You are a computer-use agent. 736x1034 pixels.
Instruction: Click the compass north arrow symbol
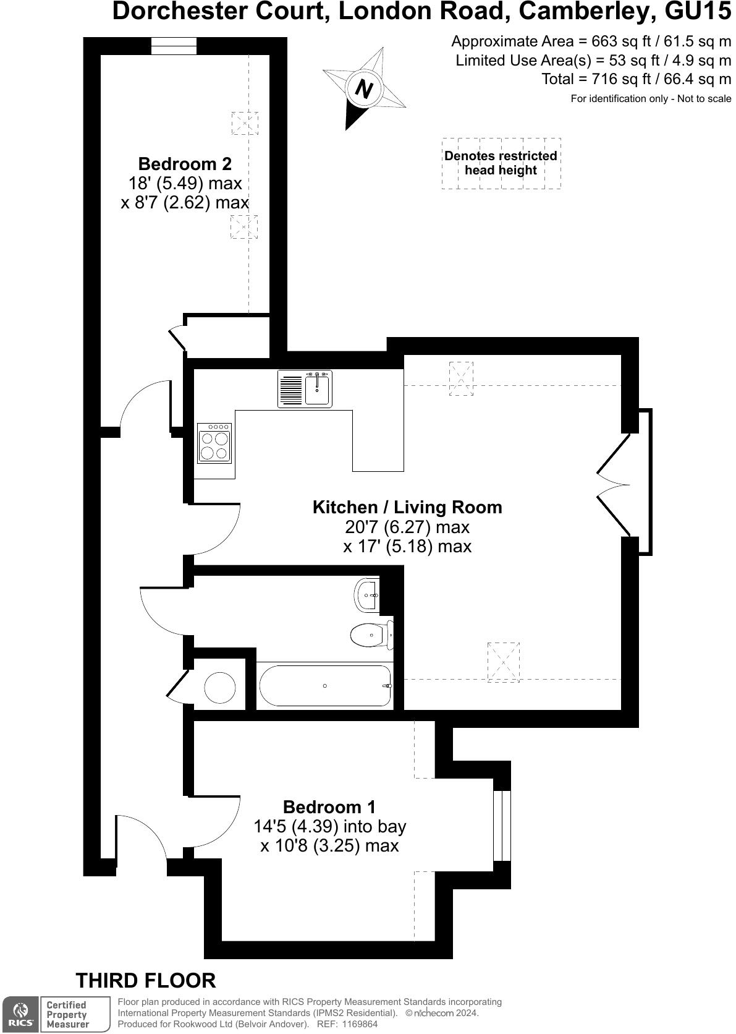[364, 89]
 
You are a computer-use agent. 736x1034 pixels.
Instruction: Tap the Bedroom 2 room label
[185, 164]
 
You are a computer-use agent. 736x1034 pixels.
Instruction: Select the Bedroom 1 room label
[329, 807]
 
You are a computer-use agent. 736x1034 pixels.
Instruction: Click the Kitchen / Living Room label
[407, 507]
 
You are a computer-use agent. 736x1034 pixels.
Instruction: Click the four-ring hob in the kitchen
[214, 443]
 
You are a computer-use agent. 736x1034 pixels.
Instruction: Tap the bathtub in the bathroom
[325, 686]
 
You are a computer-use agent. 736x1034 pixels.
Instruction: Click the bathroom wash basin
[368, 595]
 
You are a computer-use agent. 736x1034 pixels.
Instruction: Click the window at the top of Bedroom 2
[174, 46]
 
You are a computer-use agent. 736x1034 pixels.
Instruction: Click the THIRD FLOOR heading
[146, 981]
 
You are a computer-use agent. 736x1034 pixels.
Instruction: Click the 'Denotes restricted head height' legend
[501, 163]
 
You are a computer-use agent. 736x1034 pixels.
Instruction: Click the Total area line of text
[637, 79]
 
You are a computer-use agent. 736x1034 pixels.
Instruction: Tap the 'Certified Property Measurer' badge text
[68, 1015]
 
